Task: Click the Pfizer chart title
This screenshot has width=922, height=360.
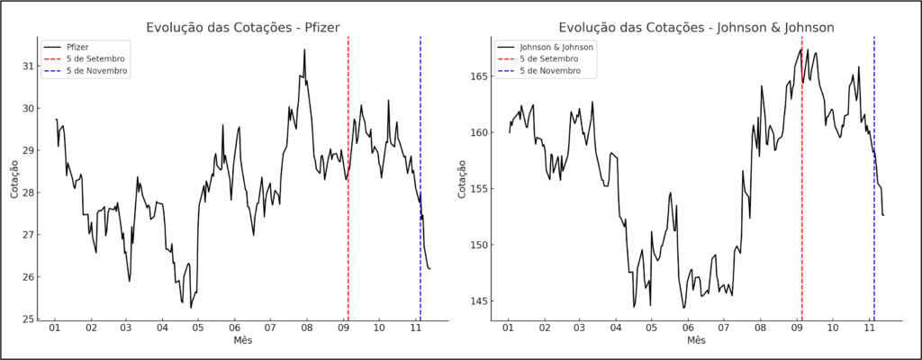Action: (x=242, y=28)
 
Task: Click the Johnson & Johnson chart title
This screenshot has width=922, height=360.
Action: (x=696, y=28)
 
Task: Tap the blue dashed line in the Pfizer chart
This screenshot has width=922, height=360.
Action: (x=420, y=135)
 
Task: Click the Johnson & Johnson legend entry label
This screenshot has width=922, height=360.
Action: (x=556, y=46)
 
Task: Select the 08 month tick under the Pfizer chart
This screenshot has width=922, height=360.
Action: (x=307, y=329)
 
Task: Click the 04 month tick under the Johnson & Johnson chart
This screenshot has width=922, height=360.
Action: (x=617, y=329)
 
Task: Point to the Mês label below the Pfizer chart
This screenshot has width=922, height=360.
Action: (x=242, y=341)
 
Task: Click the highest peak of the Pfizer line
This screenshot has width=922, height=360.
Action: (x=304, y=50)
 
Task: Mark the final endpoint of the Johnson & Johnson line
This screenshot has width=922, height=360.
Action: (x=883, y=215)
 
